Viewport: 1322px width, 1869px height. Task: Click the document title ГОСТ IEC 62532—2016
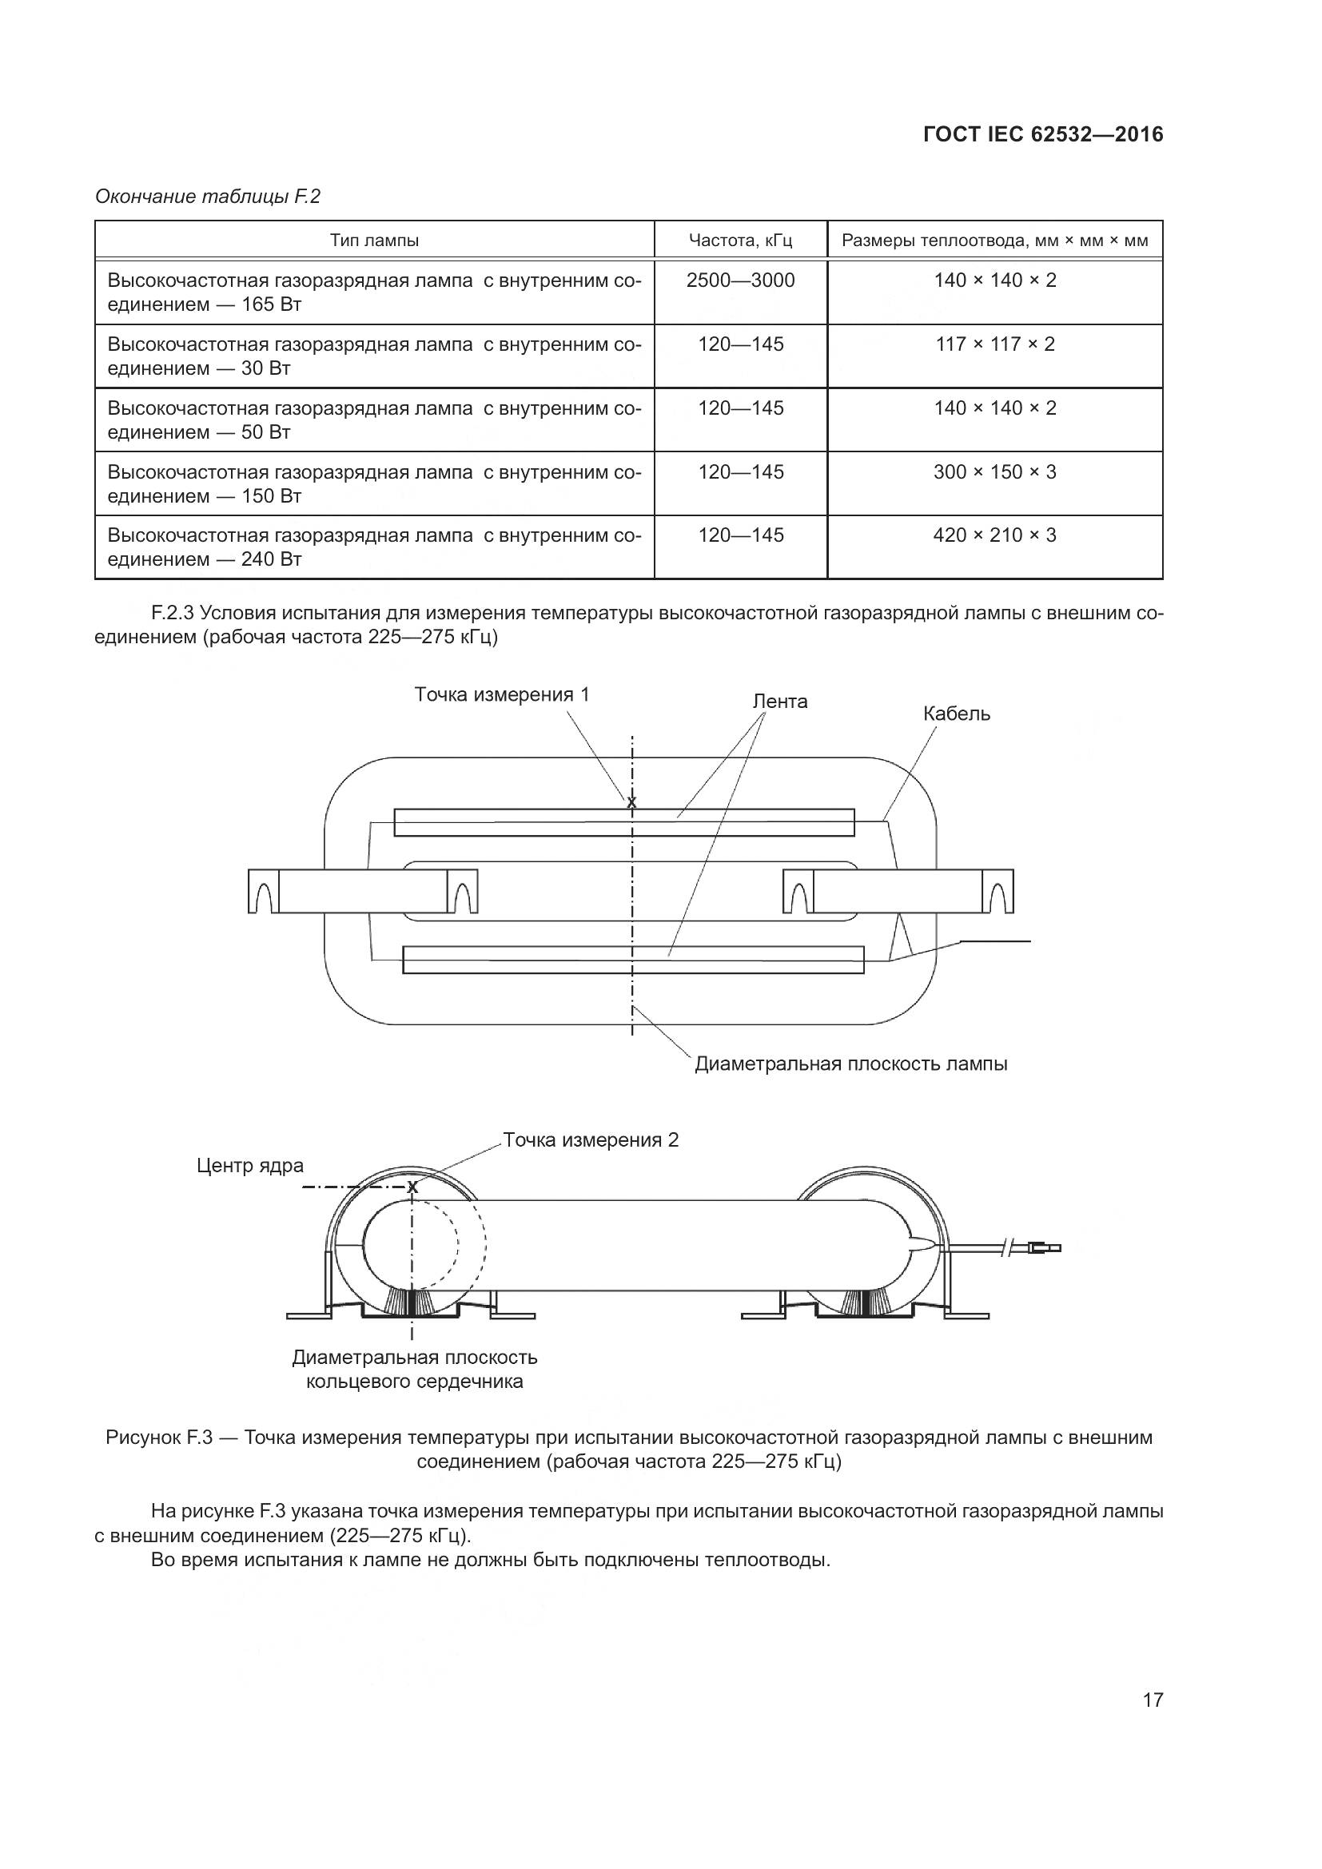1044,134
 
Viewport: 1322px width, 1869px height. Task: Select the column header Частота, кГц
740,241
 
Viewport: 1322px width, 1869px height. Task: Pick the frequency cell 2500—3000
740,280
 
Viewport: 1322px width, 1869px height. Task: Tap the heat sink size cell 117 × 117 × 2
995,344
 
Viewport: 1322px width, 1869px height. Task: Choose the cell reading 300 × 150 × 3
995,472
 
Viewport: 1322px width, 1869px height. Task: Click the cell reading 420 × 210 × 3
995,535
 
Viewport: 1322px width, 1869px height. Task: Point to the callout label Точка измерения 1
501,694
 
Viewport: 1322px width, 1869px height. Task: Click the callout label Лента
780,702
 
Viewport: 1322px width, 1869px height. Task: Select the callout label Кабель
957,714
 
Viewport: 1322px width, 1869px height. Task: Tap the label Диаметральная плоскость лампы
850,1064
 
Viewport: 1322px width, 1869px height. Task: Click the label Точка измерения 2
590,1139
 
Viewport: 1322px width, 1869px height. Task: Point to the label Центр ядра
250,1166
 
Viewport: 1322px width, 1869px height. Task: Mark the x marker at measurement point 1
631,803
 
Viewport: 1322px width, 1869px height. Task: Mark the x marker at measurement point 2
412,1187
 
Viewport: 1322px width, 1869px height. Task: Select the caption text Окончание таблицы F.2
208,197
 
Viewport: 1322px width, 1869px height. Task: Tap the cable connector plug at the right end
1045,1247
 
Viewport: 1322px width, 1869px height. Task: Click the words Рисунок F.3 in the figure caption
159,1438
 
